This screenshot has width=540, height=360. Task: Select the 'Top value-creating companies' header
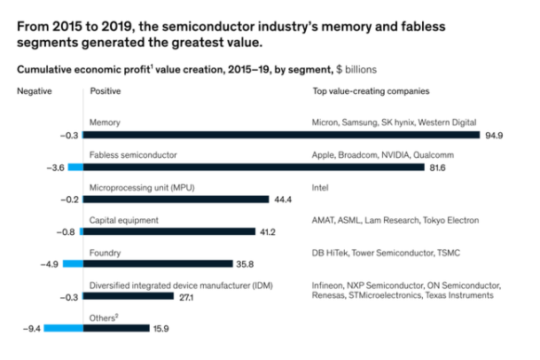tap(371, 91)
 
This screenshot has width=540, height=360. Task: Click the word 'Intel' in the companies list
tap(321, 187)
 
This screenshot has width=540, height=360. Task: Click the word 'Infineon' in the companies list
tap(330, 285)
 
